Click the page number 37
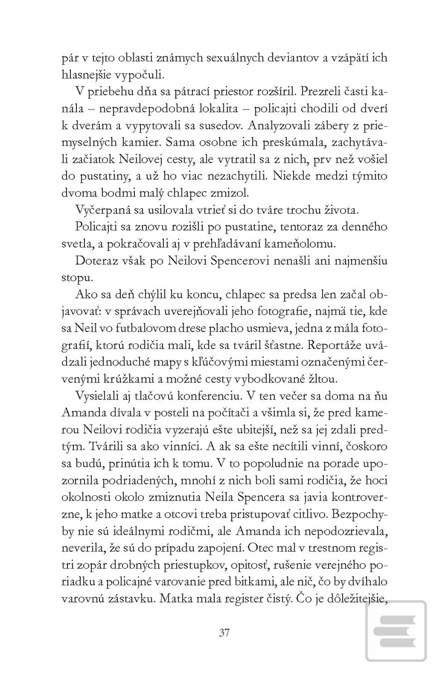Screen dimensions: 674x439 [224, 633]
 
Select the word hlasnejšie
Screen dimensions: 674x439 [89, 75]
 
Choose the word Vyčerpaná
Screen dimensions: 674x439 [101, 210]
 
